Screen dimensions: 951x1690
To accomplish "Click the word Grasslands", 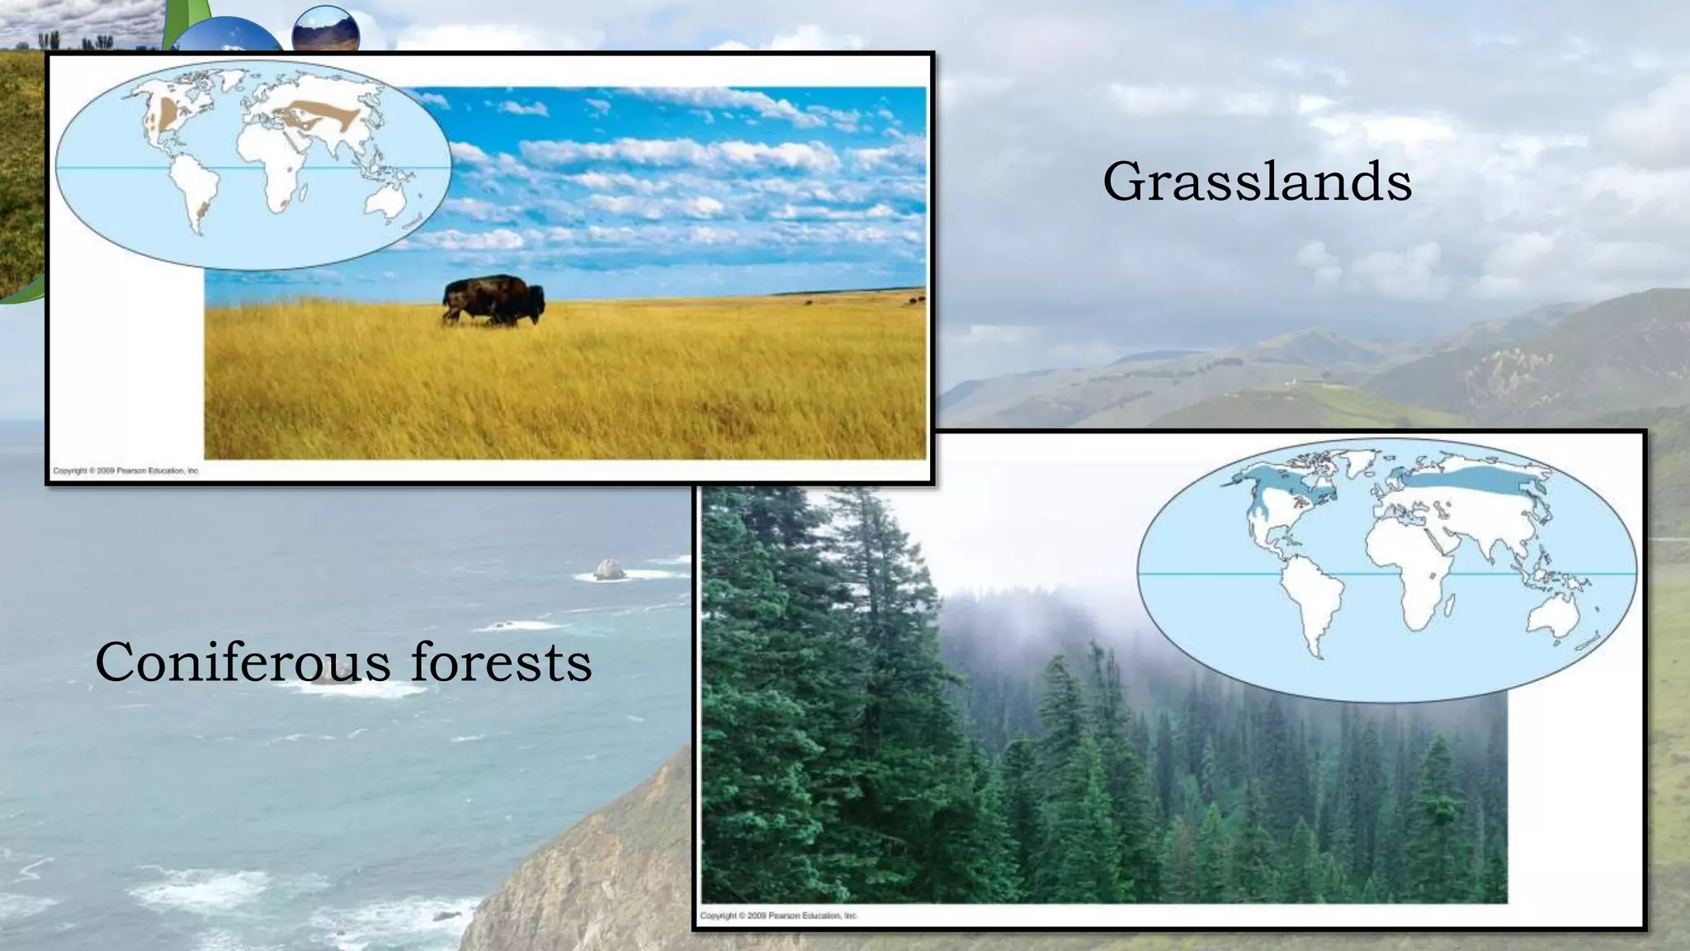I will point(1257,182).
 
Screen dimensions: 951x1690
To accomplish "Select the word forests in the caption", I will point(502,662).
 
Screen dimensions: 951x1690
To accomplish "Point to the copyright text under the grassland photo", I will point(126,471).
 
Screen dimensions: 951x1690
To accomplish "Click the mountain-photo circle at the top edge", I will point(326,29).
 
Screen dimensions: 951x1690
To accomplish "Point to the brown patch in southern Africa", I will point(283,201).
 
